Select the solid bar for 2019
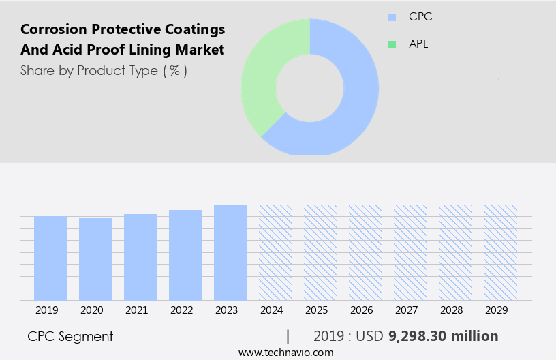point(50,258)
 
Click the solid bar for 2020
point(95,259)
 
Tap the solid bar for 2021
point(140,257)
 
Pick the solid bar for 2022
point(185,255)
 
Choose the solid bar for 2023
point(230,252)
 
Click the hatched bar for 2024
point(275,252)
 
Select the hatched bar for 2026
point(365,252)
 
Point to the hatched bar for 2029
point(500,252)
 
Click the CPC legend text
point(421,17)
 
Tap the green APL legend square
point(392,44)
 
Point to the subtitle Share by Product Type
point(104,70)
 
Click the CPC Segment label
point(70,336)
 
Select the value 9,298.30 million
point(443,336)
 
